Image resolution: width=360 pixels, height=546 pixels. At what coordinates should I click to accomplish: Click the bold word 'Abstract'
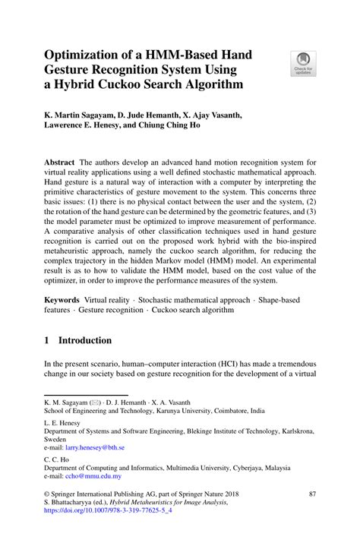pos(59,163)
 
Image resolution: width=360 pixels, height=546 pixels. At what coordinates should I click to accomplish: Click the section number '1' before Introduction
pos(46,341)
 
